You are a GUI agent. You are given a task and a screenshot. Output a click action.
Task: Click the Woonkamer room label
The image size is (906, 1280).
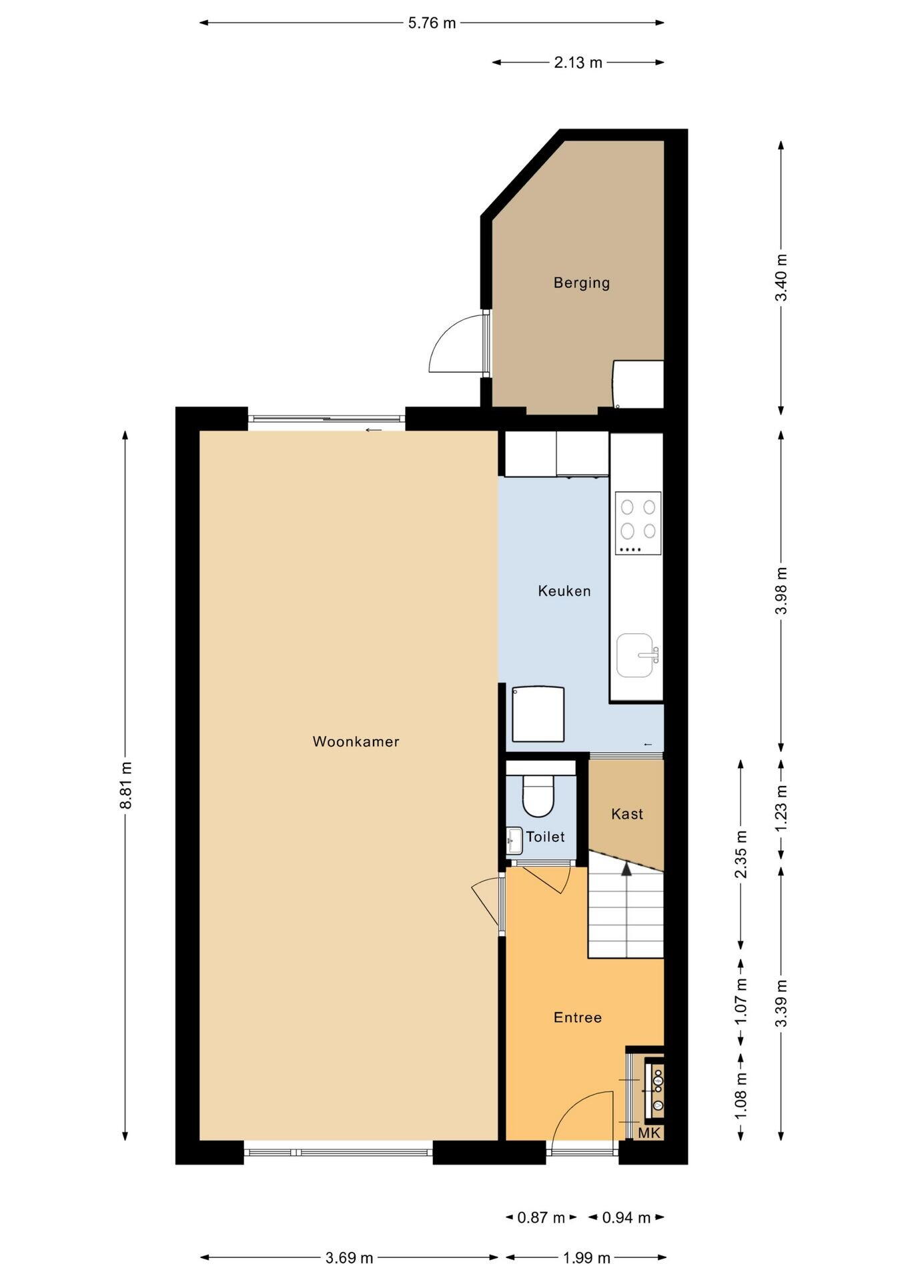pos(356,741)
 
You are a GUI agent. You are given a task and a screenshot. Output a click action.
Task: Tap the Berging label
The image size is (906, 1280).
pos(582,283)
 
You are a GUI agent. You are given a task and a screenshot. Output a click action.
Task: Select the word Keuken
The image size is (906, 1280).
pos(564,591)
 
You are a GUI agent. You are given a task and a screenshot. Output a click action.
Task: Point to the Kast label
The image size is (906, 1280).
pos(627,813)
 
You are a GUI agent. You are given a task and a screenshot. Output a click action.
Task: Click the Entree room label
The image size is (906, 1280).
pos(578,1017)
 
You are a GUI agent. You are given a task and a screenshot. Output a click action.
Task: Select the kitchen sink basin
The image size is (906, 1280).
pos(636,655)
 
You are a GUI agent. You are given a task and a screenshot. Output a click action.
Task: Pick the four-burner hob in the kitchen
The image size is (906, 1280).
pos(638,523)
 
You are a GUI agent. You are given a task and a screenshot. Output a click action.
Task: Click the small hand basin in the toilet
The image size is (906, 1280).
pos(514,840)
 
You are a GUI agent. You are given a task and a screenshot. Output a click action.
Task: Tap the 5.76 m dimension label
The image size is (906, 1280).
pos(432,23)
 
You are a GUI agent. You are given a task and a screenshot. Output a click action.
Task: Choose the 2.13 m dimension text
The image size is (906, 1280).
pos(578,63)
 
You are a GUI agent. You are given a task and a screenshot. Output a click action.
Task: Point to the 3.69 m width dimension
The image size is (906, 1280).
pos(349,1258)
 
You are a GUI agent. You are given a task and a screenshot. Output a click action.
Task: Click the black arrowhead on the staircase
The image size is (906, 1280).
pos(626,868)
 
